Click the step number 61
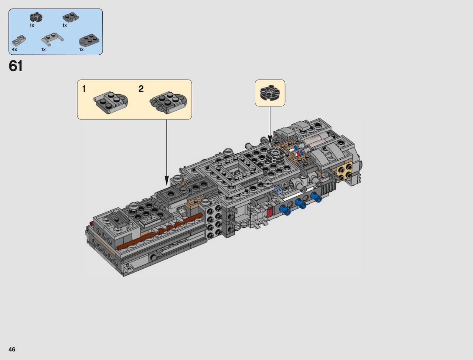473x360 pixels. (x=16, y=66)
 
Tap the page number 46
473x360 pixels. (x=12, y=349)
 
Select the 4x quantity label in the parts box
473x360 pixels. (x=14, y=50)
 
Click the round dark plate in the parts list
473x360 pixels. (x=36, y=17)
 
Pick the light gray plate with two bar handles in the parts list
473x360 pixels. (x=52, y=40)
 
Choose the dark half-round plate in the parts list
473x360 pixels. (x=89, y=40)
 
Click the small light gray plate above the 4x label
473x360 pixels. (x=19, y=41)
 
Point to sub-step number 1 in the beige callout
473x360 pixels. (x=84, y=89)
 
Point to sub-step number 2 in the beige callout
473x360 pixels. (x=141, y=89)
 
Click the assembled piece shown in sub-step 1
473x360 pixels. (x=111, y=102)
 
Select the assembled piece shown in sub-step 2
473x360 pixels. (x=168, y=102)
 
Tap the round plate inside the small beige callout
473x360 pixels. (x=270, y=93)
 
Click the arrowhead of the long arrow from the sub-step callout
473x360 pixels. (x=167, y=180)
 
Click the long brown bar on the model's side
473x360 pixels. (x=160, y=232)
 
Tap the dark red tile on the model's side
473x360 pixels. (x=269, y=212)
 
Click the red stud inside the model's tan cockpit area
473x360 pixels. (x=298, y=154)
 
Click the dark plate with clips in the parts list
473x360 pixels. (x=71, y=17)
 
